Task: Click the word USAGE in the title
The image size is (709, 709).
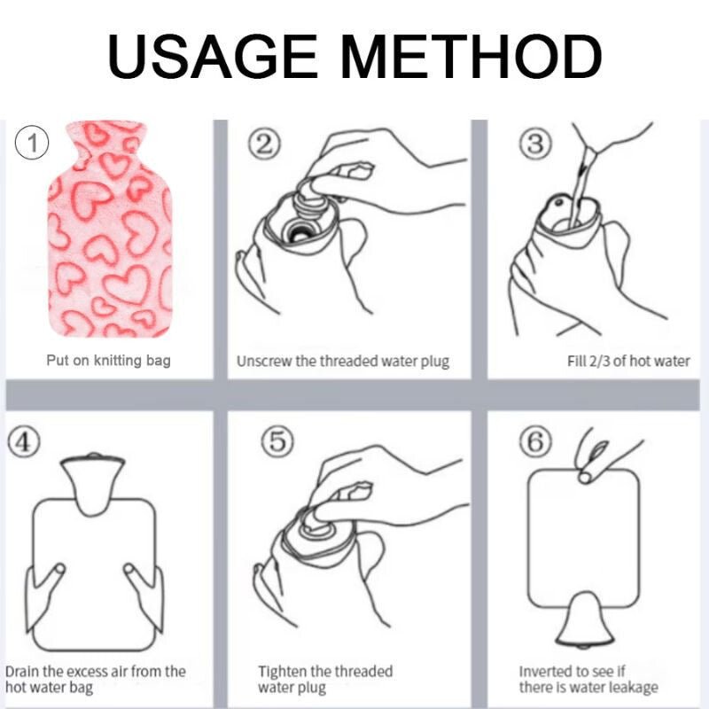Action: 213,57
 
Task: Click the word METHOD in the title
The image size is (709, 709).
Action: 471,57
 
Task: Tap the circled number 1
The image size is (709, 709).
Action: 32,143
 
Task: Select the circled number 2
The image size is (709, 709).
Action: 264,144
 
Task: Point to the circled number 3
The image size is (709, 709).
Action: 535,144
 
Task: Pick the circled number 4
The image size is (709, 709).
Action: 24,441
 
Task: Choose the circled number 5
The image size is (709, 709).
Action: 277,440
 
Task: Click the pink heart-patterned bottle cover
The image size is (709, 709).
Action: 109,229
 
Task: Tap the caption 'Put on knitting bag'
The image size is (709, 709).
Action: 108,361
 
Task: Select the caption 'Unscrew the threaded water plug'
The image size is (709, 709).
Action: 343,362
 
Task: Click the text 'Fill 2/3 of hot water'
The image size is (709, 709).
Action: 628,361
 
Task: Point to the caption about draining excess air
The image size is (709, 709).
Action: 96,679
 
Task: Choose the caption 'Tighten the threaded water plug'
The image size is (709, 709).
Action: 325,679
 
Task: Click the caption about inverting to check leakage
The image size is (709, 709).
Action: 588,679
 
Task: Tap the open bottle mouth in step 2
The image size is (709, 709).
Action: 299,231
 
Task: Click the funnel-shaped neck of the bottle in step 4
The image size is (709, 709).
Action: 93,484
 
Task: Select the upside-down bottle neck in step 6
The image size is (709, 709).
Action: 585,619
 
